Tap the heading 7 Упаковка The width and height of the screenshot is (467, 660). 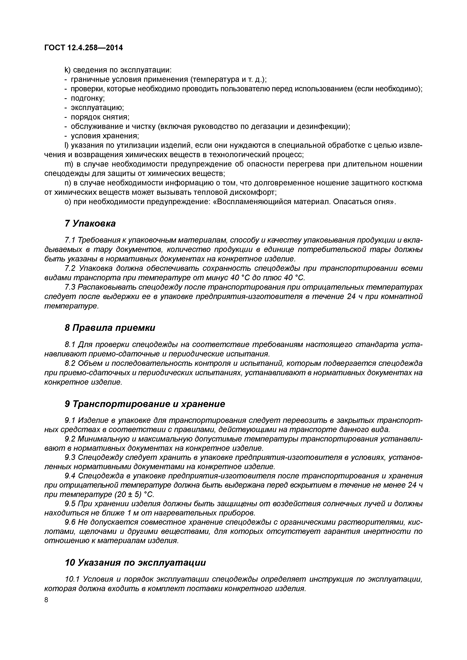pos(90,223)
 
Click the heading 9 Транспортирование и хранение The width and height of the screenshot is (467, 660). pos(145,404)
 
